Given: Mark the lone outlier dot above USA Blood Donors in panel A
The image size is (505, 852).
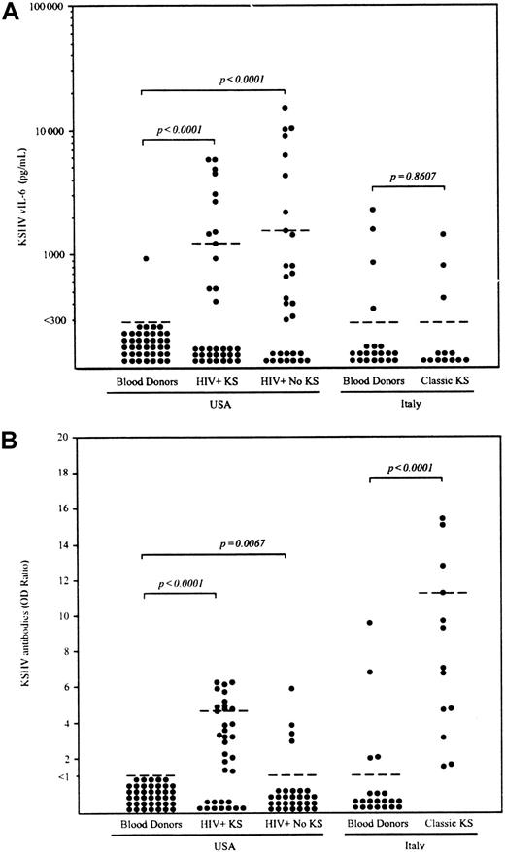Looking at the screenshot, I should [x=145, y=259].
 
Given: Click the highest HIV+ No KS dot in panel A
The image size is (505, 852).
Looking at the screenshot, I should [x=285, y=108].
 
